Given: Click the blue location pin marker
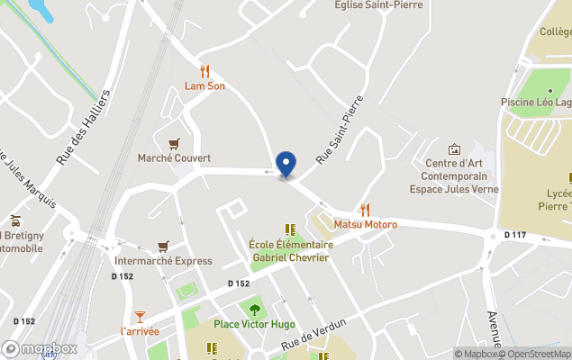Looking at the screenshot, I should [286, 164].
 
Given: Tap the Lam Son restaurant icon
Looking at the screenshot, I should [204, 71].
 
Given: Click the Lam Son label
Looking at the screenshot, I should [204, 86].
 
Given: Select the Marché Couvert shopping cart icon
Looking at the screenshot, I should [174, 143].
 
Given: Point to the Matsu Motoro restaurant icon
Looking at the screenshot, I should [365, 209].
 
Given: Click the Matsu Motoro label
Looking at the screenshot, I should [365, 224].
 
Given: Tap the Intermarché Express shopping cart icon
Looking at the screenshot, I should [163, 246].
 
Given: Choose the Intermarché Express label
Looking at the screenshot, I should [163, 261].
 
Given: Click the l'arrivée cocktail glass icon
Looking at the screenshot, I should [140, 316].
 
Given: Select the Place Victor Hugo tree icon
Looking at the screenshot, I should [255, 309].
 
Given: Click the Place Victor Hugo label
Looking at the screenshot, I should [255, 324].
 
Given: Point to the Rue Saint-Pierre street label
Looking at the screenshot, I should [339, 130].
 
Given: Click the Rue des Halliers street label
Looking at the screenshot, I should [83, 126].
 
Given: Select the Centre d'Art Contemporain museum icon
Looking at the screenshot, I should [454, 148].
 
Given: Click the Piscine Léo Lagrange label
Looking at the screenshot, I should [537, 103].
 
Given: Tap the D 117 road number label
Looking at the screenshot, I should [514, 235].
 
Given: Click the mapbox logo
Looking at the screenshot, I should [41, 348].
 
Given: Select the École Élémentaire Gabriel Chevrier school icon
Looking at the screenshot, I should [289, 229].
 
